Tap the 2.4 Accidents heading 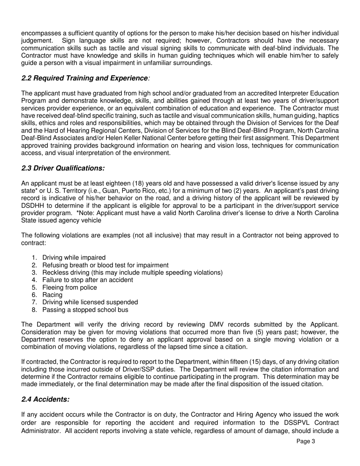pos(45,399)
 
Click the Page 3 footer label pos(305,441)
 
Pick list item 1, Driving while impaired pos(74,258)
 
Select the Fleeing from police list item pos(69,288)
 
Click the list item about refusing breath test pos(105,265)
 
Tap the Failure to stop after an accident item pos(88,280)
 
